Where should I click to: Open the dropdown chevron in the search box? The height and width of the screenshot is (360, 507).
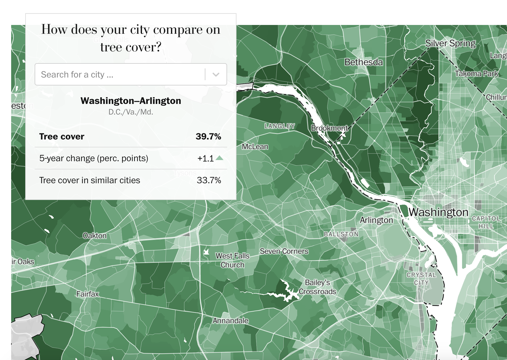pyautogui.click(x=216, y=75)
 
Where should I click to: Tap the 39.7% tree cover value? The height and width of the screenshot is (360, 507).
pyautogui.click(x=208, y=137)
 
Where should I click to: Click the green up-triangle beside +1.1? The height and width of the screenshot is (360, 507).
pyautogui.click(x=219, y=158)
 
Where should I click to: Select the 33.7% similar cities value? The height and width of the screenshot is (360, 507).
pyautogui.click(x=209, y=180)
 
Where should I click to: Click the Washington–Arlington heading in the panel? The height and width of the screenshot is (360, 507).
pyautogui.click(x=131, y=101)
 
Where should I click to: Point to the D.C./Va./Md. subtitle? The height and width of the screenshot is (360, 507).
pyautogui.click(x=131, y=112)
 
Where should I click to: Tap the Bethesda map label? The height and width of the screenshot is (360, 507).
pyautogui.click(x=364, y=62)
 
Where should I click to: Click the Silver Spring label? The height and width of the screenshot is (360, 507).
pyautogui.click(x=450, y=43)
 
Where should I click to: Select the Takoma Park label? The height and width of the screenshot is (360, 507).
pyautogui.click(x=476, y=73)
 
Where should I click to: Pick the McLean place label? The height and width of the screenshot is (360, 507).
pyautogui.click(x=255, y=147)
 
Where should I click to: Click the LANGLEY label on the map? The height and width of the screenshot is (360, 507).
pyautogui.click(x=280, y=126)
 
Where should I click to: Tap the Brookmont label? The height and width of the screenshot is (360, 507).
pyautogui.click(x=329, y=128)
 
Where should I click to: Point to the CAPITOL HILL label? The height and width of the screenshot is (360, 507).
pyautogui.click(x=486, y=222)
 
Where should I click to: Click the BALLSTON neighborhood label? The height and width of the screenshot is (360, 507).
pyautogui.click(x=341, y=234)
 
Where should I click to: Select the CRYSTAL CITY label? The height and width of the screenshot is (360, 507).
pyautogui.click(x=421, y=279)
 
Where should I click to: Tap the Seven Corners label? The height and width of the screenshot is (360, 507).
pyautogui.click(x=284, y=251)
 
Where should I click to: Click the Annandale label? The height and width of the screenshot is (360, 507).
pyautogui.click(x=231, y=321)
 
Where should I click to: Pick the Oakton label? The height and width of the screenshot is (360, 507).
pyautogui.click(x=94, y=236)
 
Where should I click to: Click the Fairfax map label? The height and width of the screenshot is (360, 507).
pyautogui.click(x=87, y=294)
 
